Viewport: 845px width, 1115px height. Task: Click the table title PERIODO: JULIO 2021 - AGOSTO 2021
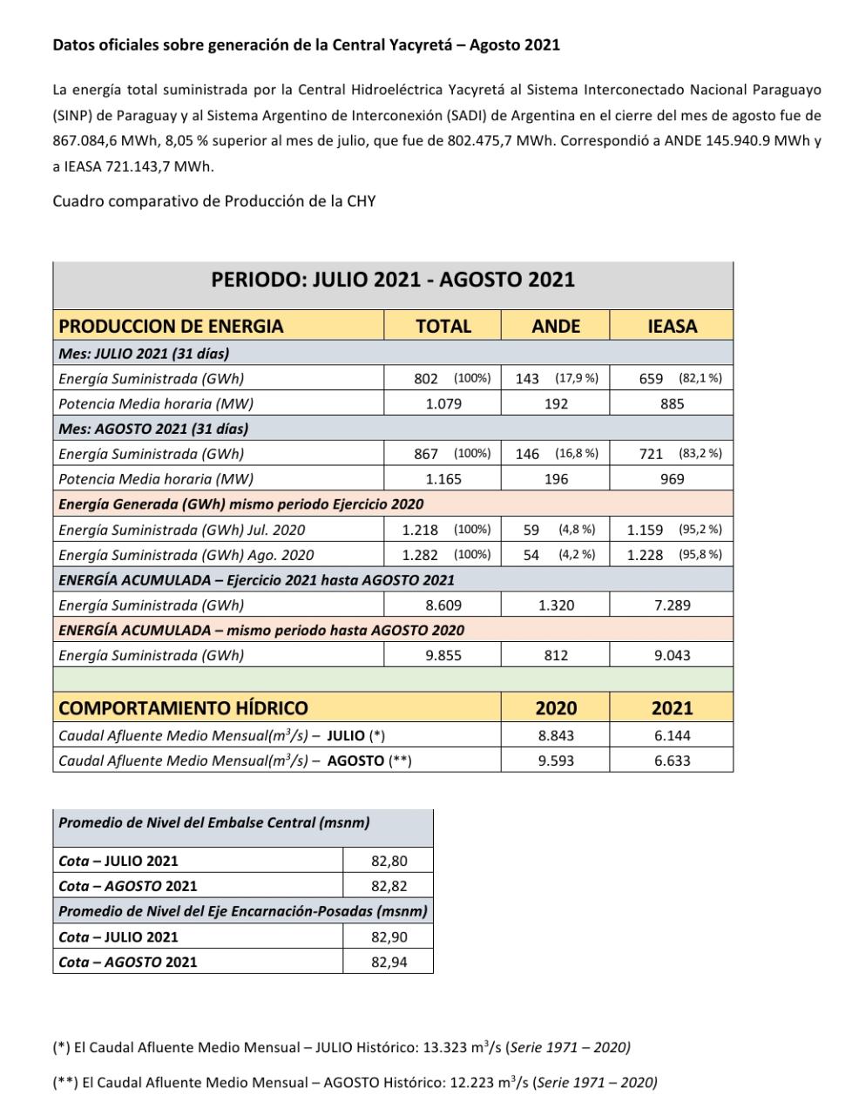pyautogui.click(x=393, y=280)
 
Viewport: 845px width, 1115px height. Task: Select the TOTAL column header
pyautogui.click(x=443, y=326)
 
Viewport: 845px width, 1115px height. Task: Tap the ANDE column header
pyautogui.click(x=556, y=326)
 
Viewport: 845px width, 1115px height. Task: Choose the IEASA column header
pyautogui.click(x=672, y=326)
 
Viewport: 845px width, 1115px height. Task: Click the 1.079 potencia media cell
pyautogui.click(x=443, y=403)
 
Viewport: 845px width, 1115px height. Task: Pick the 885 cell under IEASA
pyautogui.click(x=672, y=403)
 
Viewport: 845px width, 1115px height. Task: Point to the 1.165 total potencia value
pyautogui.click(x=443, y=478)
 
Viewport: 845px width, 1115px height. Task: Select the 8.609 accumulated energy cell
pyautogui.click(x=443, y=605)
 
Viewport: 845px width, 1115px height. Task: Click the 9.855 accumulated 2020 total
pyautogui.click(x=443, y=655)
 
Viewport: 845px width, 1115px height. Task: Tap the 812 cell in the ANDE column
pyautogui.click(x=556, y=655)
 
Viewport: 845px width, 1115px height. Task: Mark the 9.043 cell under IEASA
pyautogui.click(x=672, y=655)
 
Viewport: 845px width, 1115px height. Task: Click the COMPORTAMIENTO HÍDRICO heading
pyautogui.click(x=183, y=707)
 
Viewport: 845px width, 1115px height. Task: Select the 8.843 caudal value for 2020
pyautogui.click(x=556, y=735)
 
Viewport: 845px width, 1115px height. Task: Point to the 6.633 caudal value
pyautogui.click(x=672, y=760)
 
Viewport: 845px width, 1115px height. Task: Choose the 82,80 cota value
pyautogui.click(x=389, y=861)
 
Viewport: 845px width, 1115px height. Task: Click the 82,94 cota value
pyautogui.click(x=389, y=962)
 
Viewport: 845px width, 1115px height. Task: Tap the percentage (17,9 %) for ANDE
pyautogui.click(x=577, y=378)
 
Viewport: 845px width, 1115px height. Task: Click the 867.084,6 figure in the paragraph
pyautogui.click(x=87, y=140)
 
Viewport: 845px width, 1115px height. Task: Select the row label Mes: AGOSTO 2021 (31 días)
pyautogui.click(x=153, y=429)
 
